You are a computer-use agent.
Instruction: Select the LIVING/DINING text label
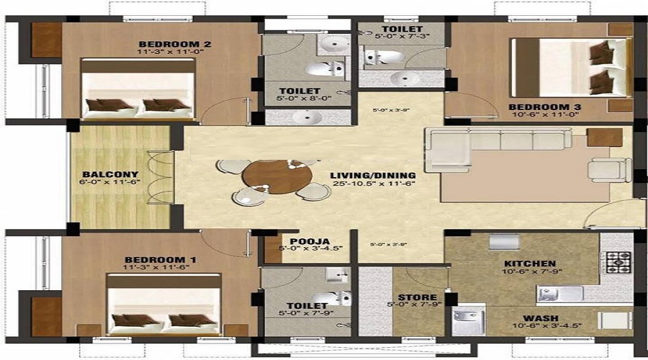pos(373,175)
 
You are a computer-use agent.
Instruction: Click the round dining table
pos(266,174)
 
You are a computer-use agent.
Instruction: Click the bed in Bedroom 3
pos(571,67)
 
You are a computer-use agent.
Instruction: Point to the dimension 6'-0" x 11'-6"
pos(110,184)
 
